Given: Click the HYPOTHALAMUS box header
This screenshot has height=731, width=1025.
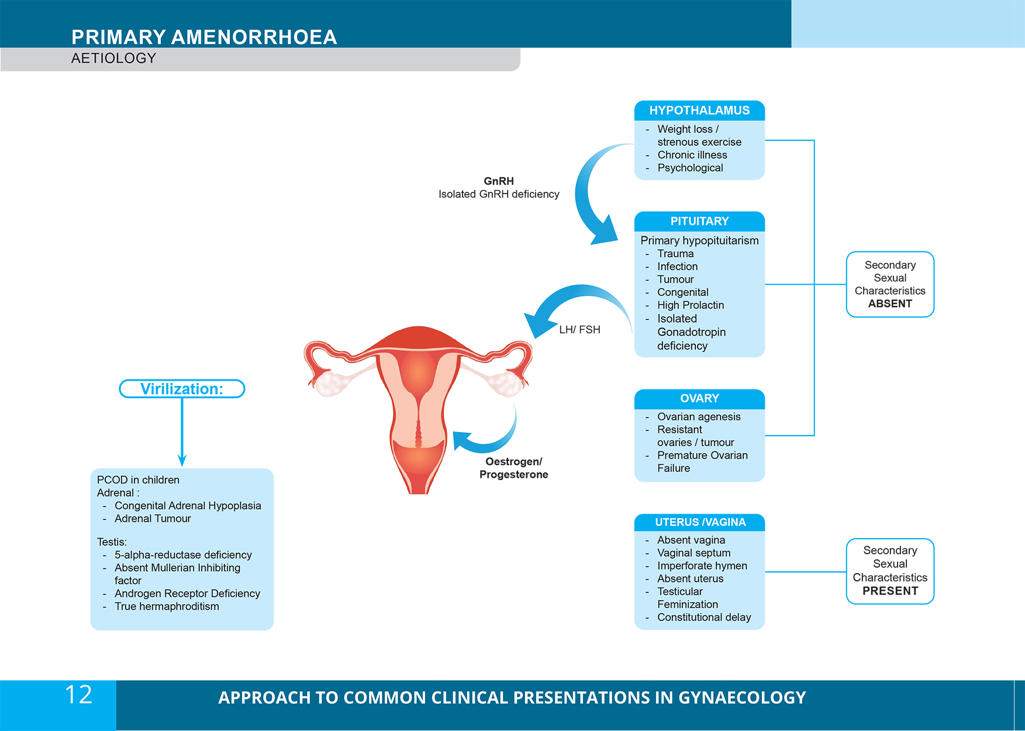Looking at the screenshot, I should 699,111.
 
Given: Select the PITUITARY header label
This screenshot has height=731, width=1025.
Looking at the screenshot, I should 699,222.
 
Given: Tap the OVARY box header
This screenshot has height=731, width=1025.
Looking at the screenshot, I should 699,399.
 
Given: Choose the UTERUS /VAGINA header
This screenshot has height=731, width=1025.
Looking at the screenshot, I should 700,522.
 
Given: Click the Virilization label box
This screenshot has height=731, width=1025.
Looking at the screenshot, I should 182,389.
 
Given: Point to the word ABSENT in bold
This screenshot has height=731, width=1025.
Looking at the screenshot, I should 890,304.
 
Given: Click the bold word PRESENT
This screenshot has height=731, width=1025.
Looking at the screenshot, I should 890,591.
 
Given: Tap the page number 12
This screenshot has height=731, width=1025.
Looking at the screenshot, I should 78,695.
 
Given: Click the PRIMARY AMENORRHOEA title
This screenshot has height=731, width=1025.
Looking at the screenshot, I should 204,37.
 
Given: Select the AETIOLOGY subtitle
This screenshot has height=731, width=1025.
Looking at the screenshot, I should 114,58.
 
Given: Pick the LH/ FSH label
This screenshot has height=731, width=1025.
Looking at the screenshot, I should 579,330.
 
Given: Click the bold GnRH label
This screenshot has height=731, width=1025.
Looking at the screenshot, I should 499,181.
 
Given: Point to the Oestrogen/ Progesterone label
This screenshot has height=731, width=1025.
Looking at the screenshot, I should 514,468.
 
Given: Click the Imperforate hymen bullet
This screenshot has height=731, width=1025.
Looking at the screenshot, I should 702,566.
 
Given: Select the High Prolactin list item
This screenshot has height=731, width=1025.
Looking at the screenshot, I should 691,305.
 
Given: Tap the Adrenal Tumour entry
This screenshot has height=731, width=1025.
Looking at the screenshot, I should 153,519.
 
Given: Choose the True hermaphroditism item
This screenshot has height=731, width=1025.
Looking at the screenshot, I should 167,606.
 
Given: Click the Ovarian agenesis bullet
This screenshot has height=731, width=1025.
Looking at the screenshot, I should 699,417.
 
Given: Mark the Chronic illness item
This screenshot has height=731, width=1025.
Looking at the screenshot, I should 692,155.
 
